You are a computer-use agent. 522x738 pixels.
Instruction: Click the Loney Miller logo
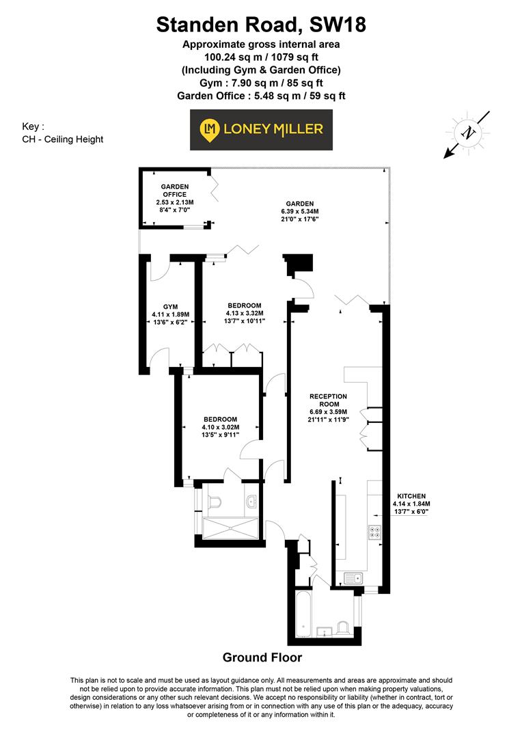point(261,129)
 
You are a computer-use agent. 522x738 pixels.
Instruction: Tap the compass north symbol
point(468,133)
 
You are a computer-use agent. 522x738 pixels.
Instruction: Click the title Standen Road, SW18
point(261,25)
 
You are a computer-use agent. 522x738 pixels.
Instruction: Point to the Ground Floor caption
point(262,657)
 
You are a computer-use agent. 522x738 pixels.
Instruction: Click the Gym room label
point(170,315)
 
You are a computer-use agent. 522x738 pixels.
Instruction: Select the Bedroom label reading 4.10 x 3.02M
point(220,428)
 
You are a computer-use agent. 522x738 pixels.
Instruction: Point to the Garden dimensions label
point(299,211)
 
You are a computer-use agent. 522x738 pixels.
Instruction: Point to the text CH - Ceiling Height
point(62,139)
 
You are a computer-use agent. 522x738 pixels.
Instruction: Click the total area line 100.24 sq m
point(261,57)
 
